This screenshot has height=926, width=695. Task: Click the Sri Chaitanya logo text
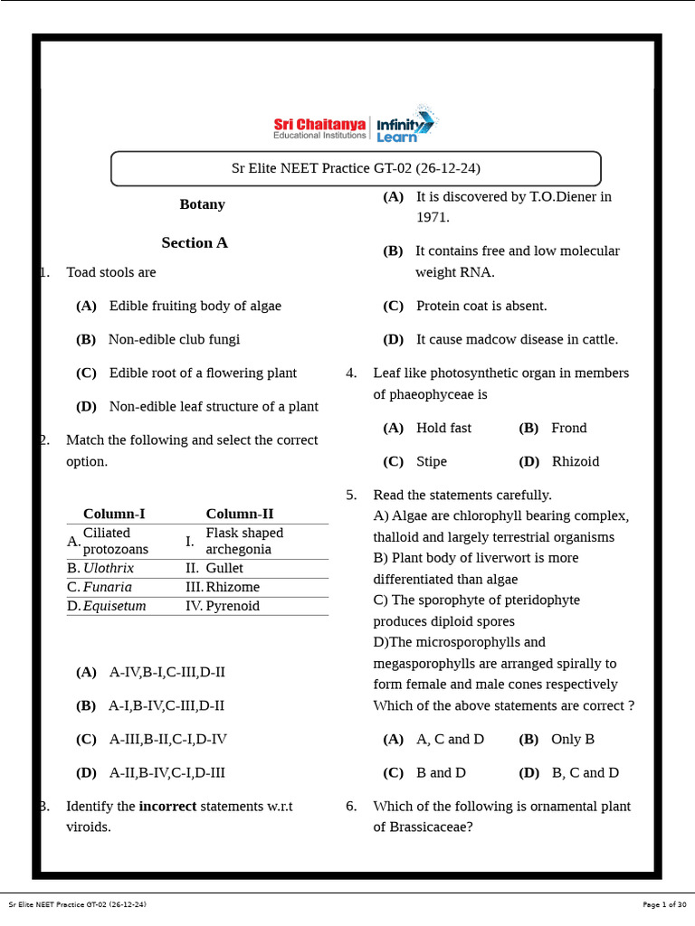(x=319, y=124)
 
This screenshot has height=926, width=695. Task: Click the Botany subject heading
(x=202, y=204)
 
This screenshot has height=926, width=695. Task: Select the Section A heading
(x=195, y=242)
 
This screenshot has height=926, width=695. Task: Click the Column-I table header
(x=114, y=514)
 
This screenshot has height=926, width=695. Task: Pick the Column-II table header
(x=239, y=514)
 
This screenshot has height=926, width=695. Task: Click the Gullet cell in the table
(x=224, y=568)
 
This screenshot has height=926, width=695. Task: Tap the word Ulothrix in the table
(x=109, y=568)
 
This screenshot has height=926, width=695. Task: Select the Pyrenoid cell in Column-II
(x=233, y=606)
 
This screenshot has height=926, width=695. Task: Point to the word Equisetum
(x=114, y=606)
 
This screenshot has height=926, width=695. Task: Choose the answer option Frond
(x=568, y=428)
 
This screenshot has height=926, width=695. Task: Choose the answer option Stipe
(x=431, y=461)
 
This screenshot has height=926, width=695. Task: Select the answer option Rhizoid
(x=575, y=461)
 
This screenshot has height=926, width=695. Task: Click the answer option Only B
(x=572, y=739)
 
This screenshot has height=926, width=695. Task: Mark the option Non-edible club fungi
(x=174, y=339)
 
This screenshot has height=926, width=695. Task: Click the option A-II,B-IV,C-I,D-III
(x=167, y=772)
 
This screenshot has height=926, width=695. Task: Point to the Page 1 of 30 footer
(x=662, y=904)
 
